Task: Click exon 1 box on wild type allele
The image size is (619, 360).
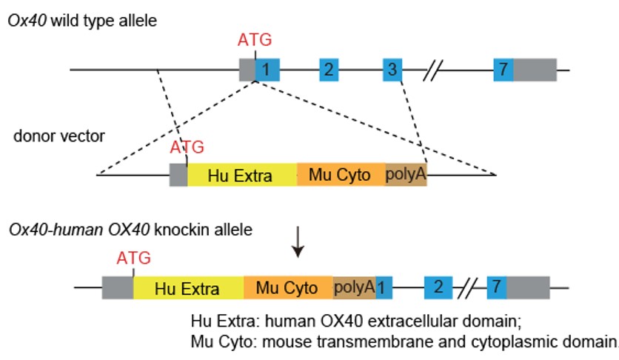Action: coord(268,70)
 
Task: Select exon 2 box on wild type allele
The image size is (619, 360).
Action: coord(329,70)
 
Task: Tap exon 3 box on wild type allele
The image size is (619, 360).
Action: coord(392,70)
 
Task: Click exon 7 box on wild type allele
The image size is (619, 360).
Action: coord(503,70)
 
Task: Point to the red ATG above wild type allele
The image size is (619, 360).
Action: coord(255,38)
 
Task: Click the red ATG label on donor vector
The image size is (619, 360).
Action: coord(187,147)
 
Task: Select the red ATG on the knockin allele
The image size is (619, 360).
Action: coord(133,258)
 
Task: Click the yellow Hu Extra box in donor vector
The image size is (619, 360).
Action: coord(241,175)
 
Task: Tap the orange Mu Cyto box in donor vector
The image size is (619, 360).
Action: coord(341,175)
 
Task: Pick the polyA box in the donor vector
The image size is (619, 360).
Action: coord(406,175)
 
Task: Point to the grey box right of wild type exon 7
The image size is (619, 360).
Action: coord(535,70)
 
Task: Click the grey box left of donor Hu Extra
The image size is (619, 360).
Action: coord(178,175)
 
